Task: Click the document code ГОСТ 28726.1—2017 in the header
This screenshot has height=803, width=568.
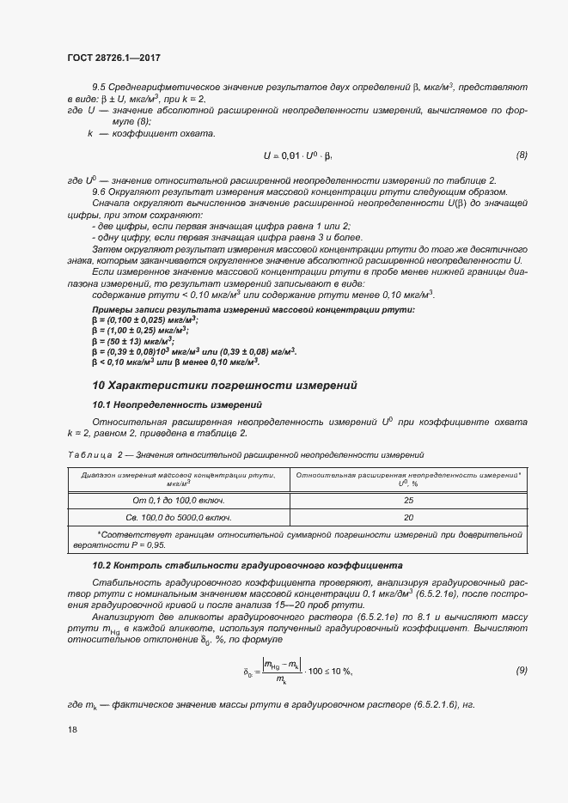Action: (113, 58)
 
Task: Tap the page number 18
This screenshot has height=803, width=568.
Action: (72, 729)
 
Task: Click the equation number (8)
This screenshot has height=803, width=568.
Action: (521, 155)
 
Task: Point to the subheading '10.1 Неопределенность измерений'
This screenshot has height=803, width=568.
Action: (176, 404)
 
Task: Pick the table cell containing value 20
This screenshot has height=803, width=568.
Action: (408, 517)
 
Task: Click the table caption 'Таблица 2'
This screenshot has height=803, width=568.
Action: (89, 454)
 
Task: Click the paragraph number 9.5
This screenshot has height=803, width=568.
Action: (100, 88)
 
